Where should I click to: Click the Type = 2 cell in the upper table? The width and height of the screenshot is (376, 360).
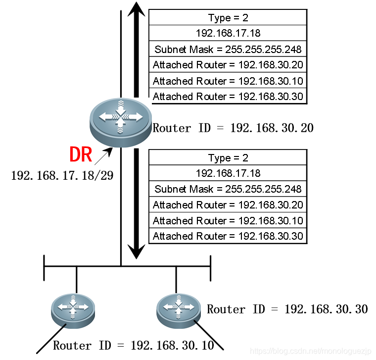click(x=228, y=18)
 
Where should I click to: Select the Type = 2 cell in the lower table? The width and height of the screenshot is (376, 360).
click(x=228, y=158)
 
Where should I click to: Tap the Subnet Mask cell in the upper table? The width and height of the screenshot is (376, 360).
click(x=228, y=50)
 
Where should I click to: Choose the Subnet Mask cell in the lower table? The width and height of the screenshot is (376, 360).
click(x=228, y=189)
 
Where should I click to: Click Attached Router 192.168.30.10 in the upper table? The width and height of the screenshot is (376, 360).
click(x=228, y=81)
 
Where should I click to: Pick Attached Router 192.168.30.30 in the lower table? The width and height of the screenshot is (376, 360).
click(x=228, y=236)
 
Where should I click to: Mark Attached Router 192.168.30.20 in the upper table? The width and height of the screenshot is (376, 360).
click(x=228, y=65)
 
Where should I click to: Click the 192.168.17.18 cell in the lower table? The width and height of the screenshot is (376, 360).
click(x=228, y=173)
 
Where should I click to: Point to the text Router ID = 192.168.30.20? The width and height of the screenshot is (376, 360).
click(x=233, y=128)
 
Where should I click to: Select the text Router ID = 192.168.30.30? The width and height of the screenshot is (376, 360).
click(x=287, y=309)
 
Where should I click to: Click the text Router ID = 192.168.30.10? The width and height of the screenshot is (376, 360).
click(x=134, y=346)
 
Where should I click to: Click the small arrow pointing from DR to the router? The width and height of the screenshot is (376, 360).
click(x=103, y=156)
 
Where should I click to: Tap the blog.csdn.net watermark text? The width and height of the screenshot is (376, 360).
click(x=310, y=351)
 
